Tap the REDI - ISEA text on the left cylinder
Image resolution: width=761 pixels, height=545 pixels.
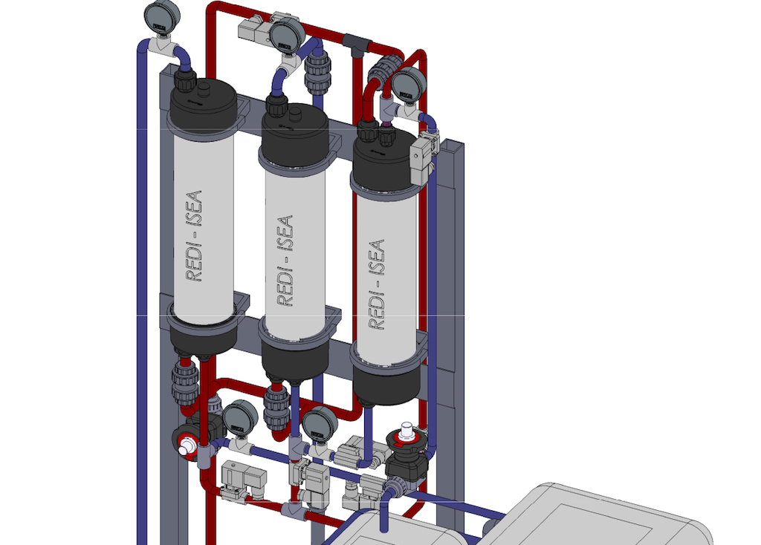[194, 236]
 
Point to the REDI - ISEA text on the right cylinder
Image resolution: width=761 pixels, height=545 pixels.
[377, 284]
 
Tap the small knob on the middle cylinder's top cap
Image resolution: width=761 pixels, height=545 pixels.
[296, 114]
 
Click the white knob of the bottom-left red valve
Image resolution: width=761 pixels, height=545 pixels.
[185, 446]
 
